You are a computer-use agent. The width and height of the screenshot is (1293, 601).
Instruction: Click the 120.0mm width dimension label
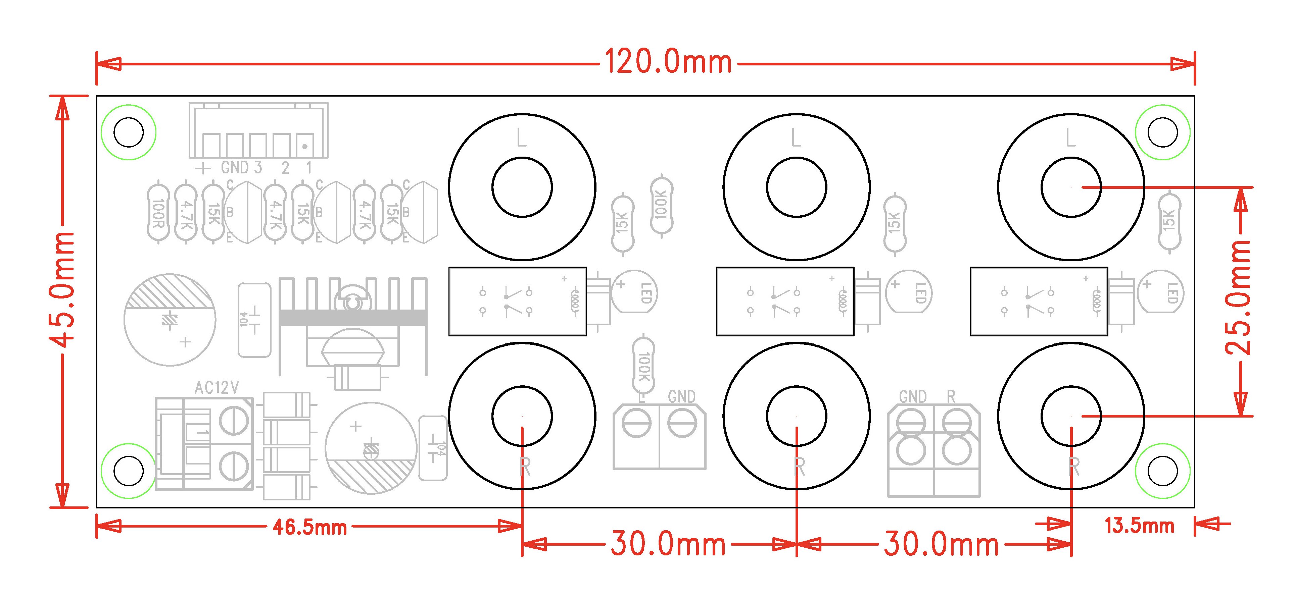[x=668, y=62]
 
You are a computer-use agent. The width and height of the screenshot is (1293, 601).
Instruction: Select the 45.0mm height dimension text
[x=62, y=289]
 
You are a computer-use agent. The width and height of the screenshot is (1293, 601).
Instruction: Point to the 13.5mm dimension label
[x=1139, y=526]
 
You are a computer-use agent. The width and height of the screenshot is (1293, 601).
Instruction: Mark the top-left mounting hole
[x=129, y=132]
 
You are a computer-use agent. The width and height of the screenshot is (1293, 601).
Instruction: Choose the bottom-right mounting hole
[x=1163, y=471]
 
